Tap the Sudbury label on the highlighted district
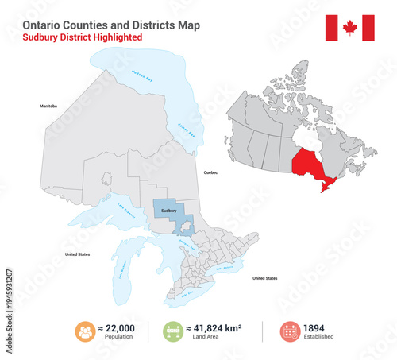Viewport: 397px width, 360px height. (x=168, y=211)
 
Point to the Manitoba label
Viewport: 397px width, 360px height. (x=49, y=105)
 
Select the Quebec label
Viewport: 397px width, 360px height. (x=210, y=172)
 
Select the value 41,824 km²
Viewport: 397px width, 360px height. (x=214, y=327)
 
